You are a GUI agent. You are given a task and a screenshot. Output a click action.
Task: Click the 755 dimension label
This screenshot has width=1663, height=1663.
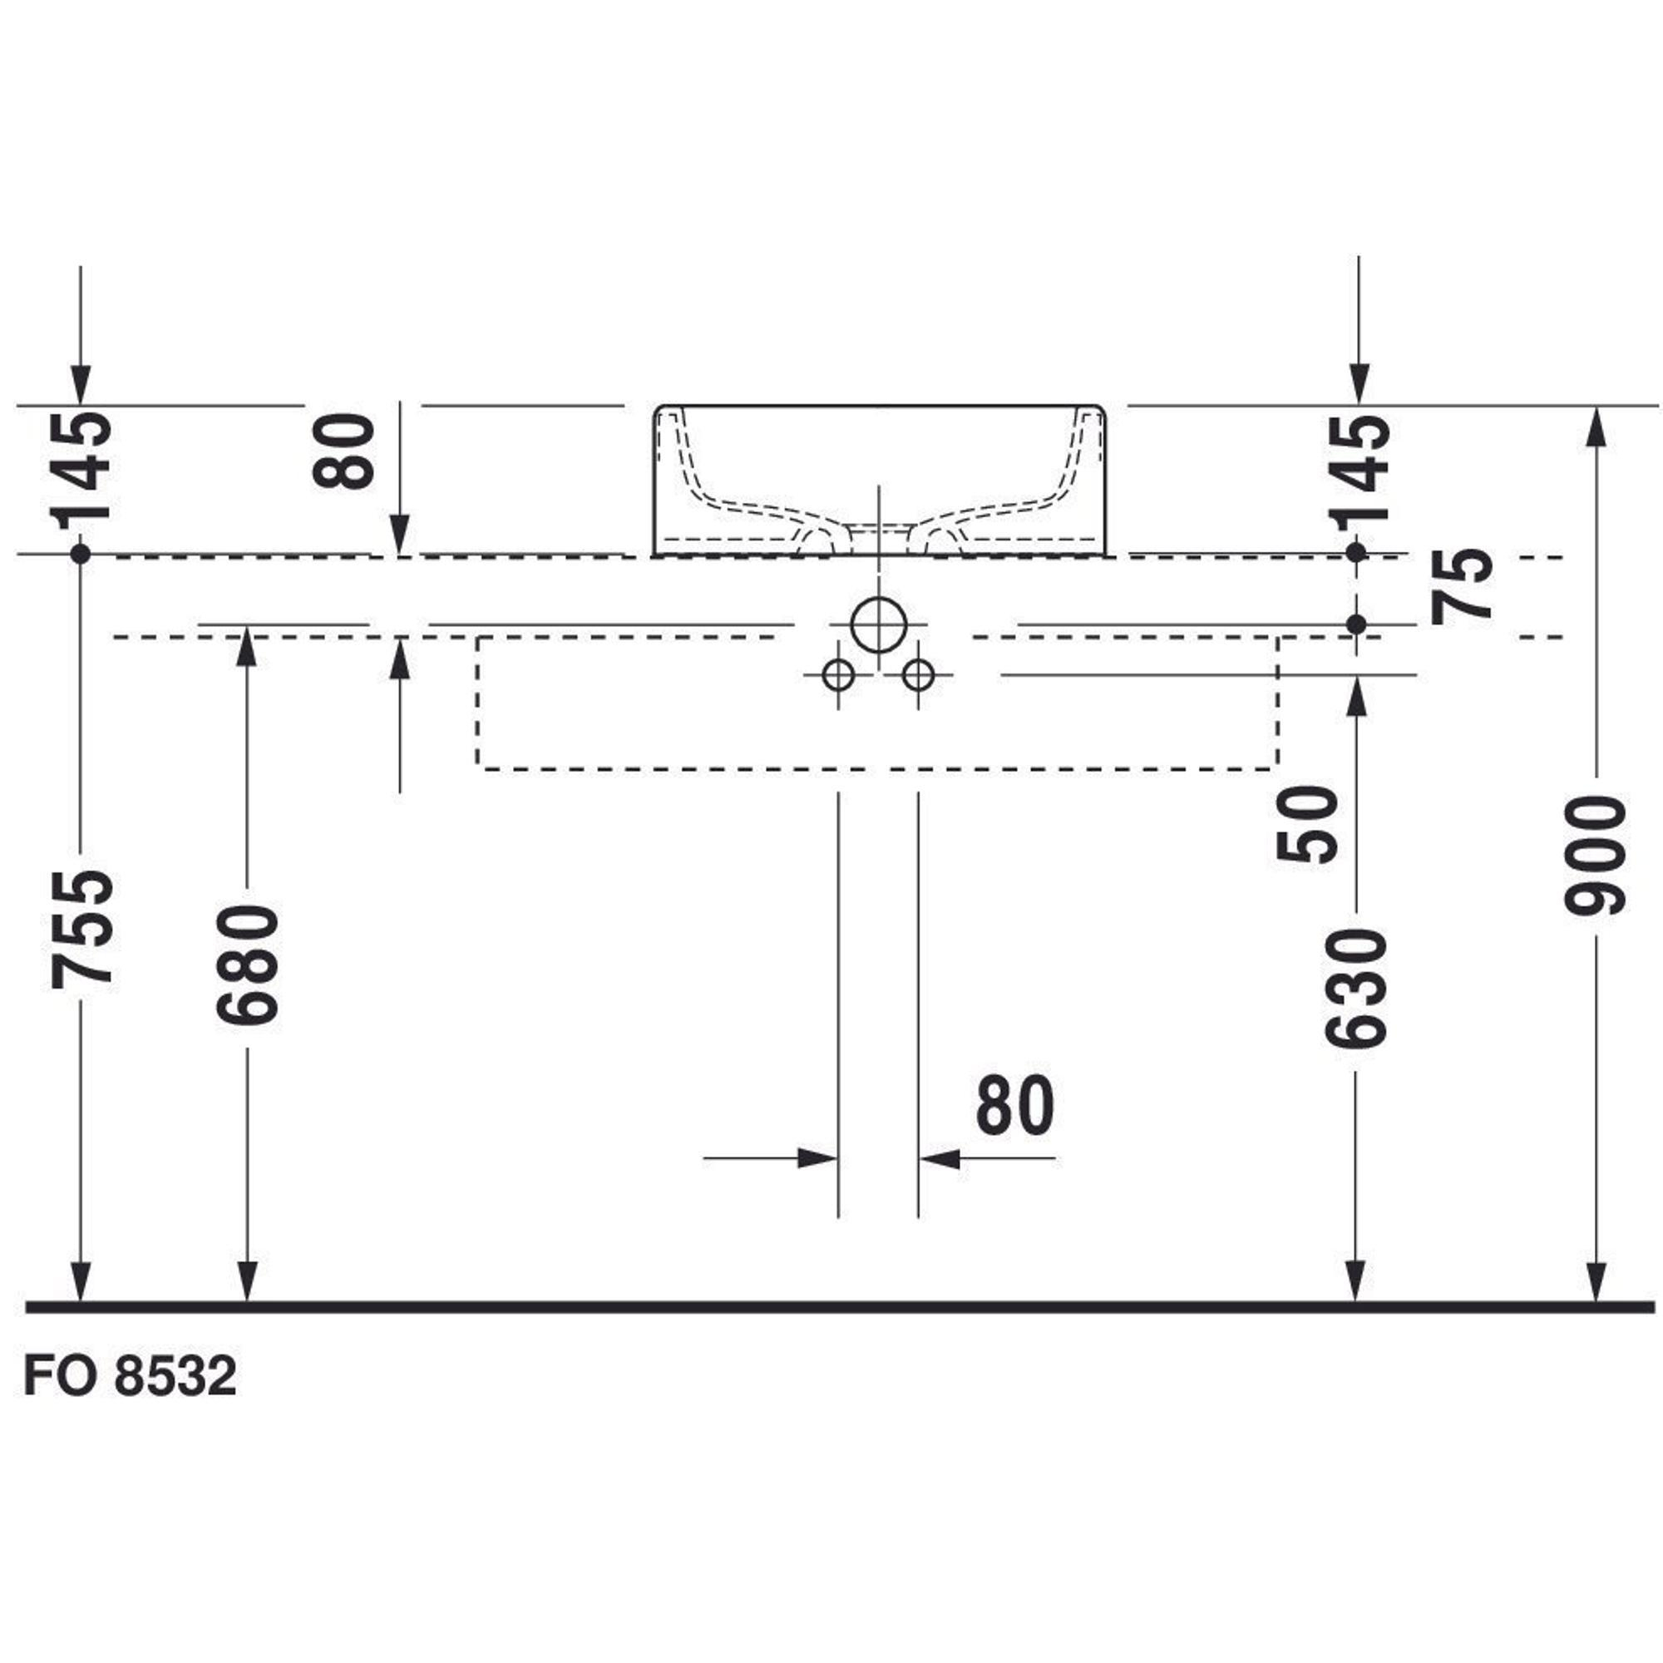[x=81, y=929]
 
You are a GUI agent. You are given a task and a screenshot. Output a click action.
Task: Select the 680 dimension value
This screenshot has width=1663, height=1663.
[x=248, y=965]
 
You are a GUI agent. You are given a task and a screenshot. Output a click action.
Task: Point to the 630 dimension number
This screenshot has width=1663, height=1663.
[x=1355, y=989]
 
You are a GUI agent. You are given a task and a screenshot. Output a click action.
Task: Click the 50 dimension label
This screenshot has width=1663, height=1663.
[x=1306, y=825]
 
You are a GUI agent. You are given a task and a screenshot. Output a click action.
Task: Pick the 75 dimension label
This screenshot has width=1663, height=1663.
[x=1461, y=585]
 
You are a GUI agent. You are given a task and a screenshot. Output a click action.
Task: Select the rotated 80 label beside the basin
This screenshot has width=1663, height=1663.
[x=343, y=451]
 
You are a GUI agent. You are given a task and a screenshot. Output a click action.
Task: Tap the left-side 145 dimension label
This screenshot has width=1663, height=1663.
[x=81, y=470]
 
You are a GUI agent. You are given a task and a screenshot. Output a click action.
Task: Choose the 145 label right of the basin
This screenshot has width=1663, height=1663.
[x=1360, y=470]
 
